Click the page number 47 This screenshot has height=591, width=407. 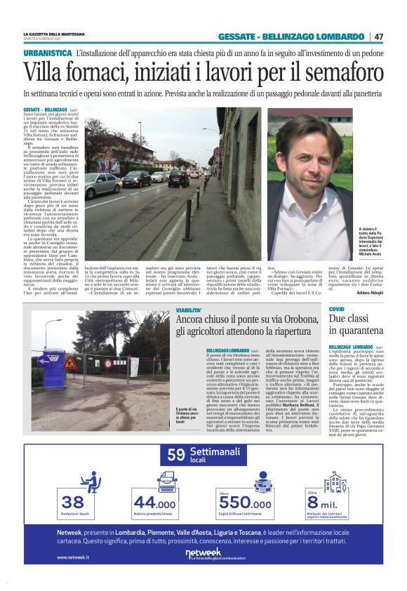pyautogui.click(x=378, y=36)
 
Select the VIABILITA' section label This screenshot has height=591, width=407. pyautogui.click(x=189, y=310)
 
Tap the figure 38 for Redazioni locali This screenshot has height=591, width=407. pyautogui.click(x=72, y=503)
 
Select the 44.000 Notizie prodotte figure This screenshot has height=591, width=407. pyautogui.click(x=154, y=503)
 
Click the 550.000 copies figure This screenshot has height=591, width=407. pyautogui.click(x=245, y=503)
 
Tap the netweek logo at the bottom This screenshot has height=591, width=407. pyautogui.click(x=203, y=554)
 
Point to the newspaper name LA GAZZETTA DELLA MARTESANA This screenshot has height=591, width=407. pyautogui.click(x=54, y=34)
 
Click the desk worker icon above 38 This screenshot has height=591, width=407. pyautogui.click(x=89, y=482)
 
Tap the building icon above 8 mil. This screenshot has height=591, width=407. pyautogui.click(x=334, y=482)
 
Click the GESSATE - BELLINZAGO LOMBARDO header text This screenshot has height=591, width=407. pyautogui.click(x=291, y=36)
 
